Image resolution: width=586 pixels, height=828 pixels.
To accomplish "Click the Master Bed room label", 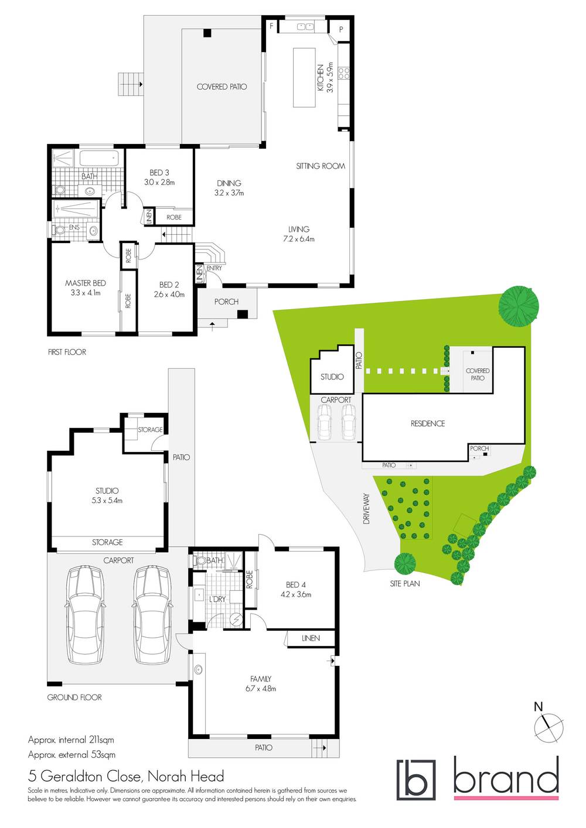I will pyautogui.click(x=86, y=283).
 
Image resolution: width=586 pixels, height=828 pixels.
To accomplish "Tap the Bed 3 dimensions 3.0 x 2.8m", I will pyautogui.click(x=159, y=182).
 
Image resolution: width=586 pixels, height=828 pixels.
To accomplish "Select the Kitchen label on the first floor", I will pyautogui.click(x=321, y=77).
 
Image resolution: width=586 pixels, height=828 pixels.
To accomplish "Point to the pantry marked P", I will pyautogui.click(x=340, y=29).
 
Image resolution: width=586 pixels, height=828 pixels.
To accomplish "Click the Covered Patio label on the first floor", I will pyautogui.click(x=222, y=87).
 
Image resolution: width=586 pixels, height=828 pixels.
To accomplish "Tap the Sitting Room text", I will pyautogui.click(x=321, y=166).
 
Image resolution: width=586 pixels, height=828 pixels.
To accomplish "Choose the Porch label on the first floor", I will pyautogui.click(x=226, y=302).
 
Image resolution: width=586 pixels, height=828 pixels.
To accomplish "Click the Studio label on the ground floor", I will pyautogui.click(x=107, y=491).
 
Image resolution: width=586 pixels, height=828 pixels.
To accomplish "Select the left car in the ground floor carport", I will pyautogui.click(x=85, y=614).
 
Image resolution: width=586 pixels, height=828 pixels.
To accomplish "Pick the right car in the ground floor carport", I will pyautogui.click(x=152, y=614).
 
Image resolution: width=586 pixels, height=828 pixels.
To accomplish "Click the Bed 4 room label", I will pyautogui.click(x=296, y=584).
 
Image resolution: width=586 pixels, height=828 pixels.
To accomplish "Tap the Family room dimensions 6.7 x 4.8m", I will pyautogui.click(x=261, y=689).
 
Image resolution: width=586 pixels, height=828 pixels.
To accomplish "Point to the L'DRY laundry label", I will pyautogui.click(x=217, y=599).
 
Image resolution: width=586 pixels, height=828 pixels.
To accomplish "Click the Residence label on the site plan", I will pyautogui.click(x=428, y=423).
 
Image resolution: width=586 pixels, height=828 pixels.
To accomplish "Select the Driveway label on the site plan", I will pyautogui.click(x=367, y=508).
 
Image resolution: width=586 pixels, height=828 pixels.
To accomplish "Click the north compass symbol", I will pyautogui.click(x=549, y=727).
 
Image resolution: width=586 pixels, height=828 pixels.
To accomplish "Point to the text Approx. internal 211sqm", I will pyautogui.click(x=71, y=740).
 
